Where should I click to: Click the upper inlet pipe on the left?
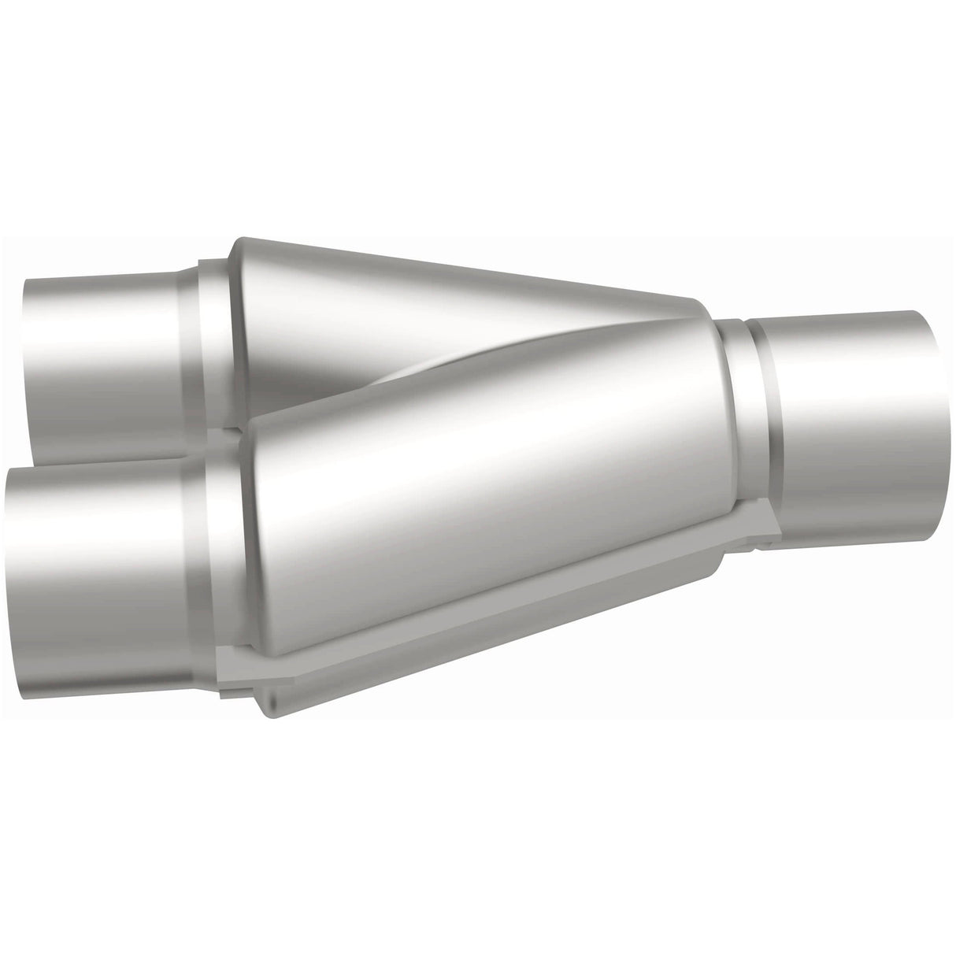pyautogui.click(x=102, y=346)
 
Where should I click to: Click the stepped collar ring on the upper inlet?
pyautogui.click(x=209, y=346)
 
